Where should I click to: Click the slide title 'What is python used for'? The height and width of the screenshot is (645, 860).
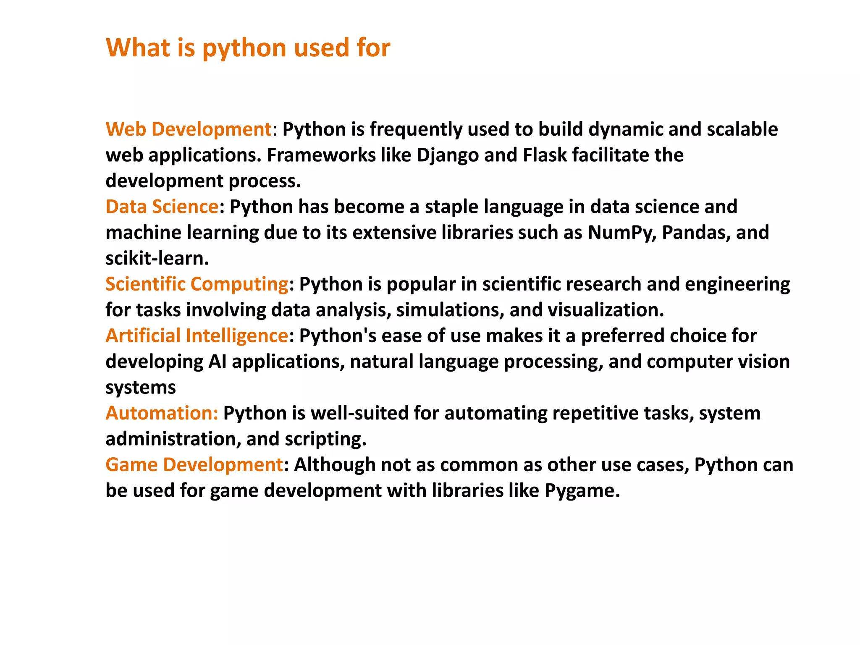click(248, 47)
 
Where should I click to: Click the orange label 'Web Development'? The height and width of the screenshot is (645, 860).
click(189, 129)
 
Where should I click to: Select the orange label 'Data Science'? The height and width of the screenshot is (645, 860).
click(162, 207)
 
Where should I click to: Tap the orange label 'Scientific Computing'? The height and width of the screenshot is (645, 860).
click(197, 284)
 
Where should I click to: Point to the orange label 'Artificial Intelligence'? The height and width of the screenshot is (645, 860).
click(197, 336)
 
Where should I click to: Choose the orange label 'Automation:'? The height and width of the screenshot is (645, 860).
click(162, 413)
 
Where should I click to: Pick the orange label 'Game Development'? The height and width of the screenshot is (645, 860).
click(194, 465)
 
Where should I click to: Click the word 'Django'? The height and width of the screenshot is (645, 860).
click(448, 155)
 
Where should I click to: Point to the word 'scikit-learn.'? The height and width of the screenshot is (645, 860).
click(157, 258)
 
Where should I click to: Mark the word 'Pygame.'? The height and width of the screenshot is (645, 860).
click(582, 490)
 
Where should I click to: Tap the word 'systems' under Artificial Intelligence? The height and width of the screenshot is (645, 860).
click(141, 388)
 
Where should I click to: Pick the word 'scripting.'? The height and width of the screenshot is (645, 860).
click(326, 439)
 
